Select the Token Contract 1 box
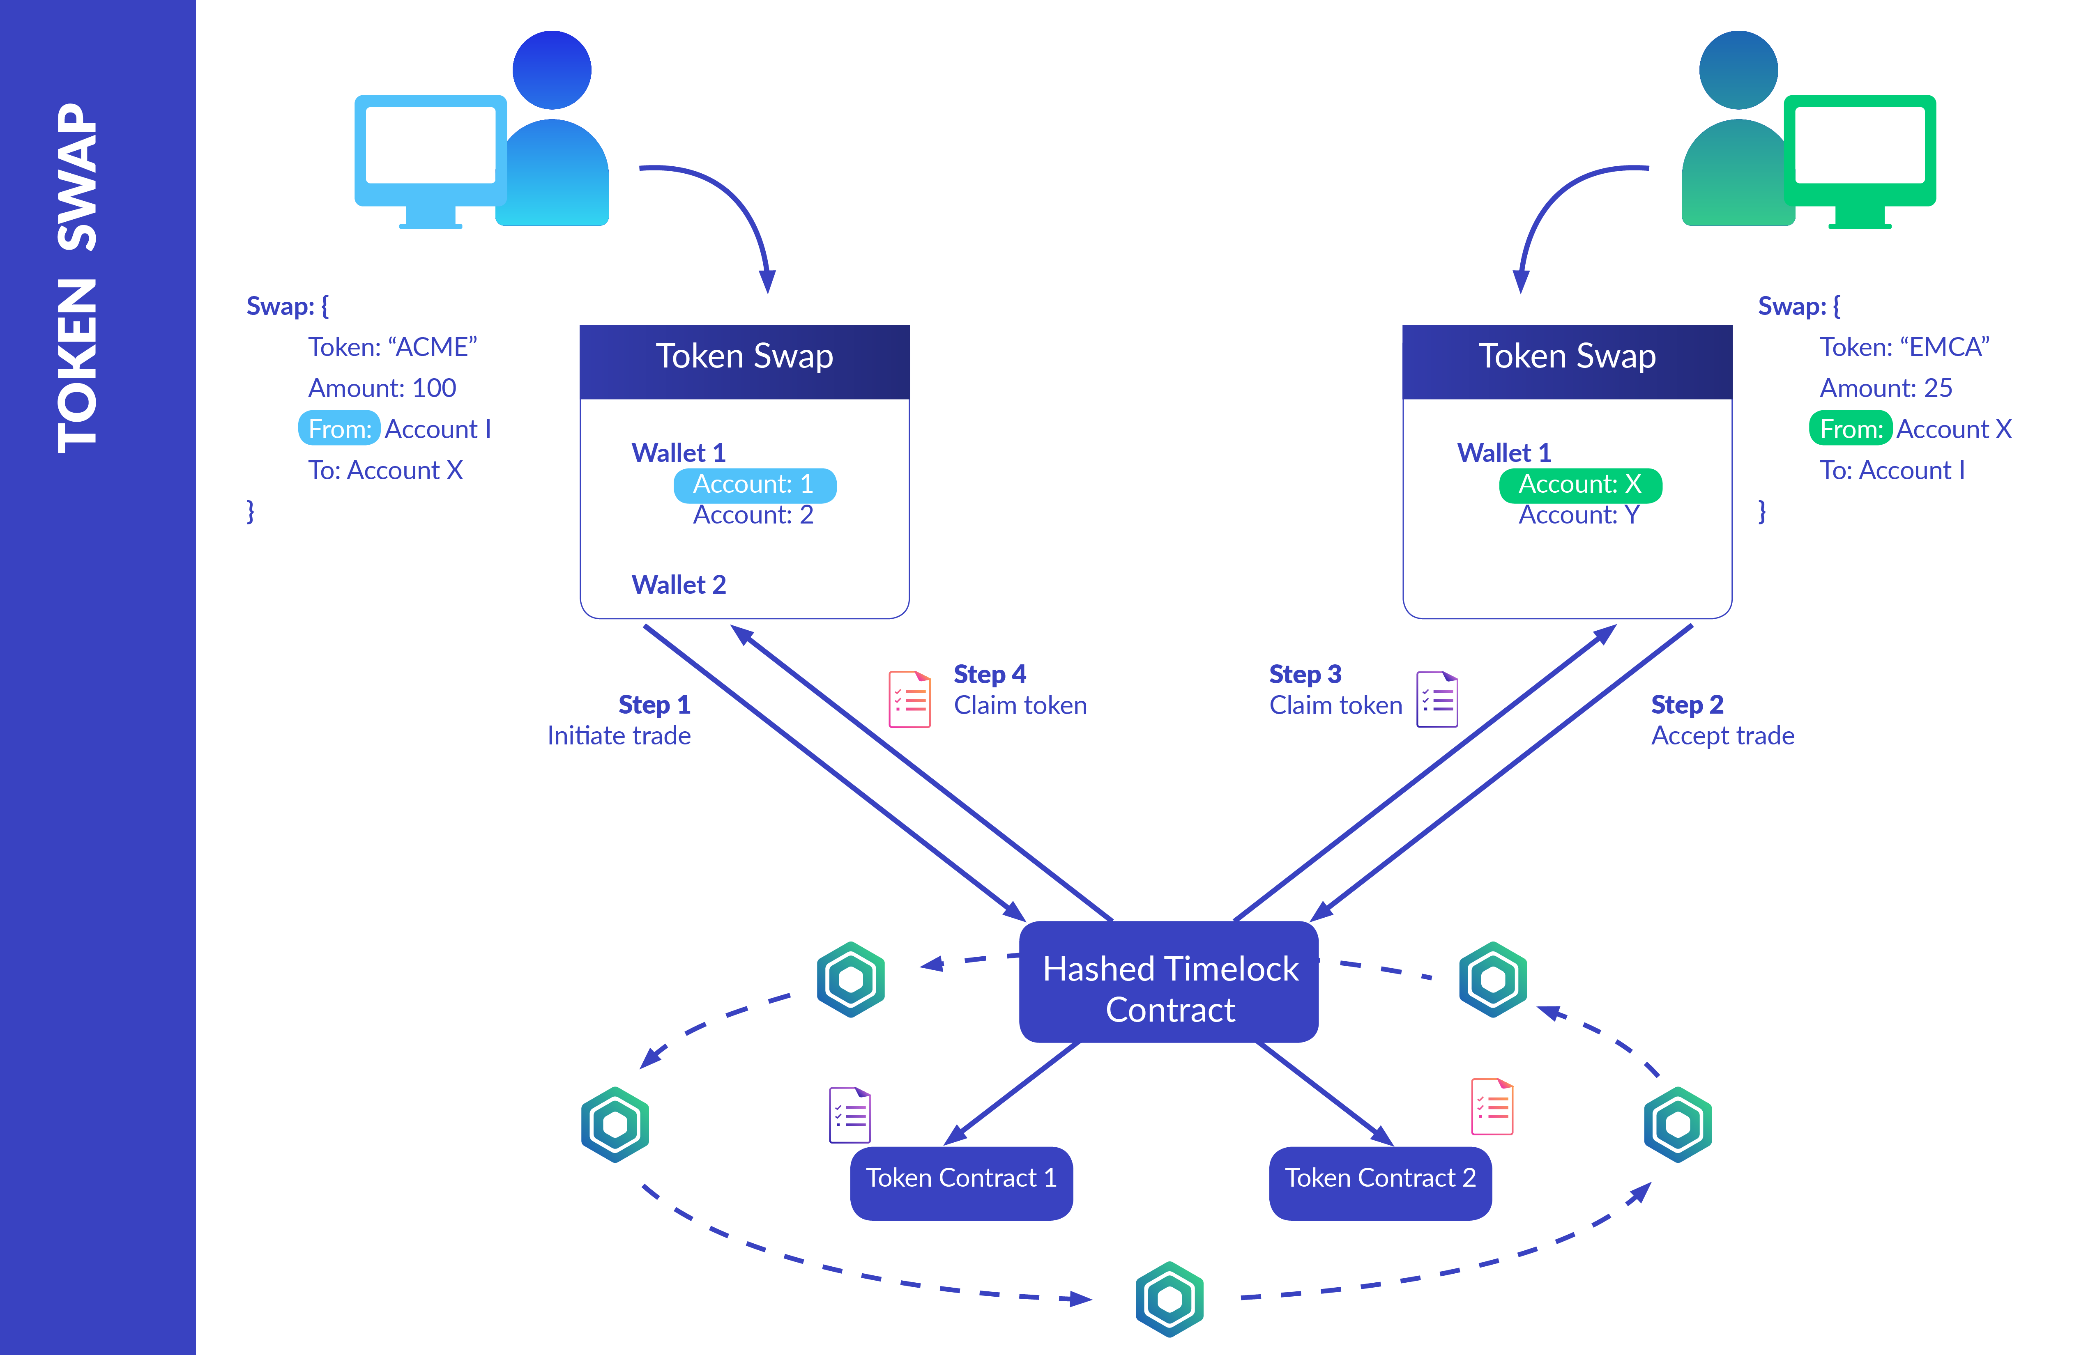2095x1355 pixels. [x=961, y=1182]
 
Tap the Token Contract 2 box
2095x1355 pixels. [x=1379, y=1182]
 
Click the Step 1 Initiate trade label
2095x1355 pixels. [x=621, y=720]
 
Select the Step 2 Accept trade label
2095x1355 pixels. [x=1721, y=720]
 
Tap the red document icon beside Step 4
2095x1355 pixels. [x=909, y=700]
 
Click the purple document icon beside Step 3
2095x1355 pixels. [x=1437, y=700]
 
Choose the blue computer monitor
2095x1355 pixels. [x=430, y=158]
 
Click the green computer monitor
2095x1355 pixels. [x=1859, y=158]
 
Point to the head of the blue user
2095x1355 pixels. [x=552, y=70]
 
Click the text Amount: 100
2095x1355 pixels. [x=382, y=388]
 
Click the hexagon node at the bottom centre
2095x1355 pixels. [x=1169, y=1299]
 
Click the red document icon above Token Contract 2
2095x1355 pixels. [x=1492, y=1107]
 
